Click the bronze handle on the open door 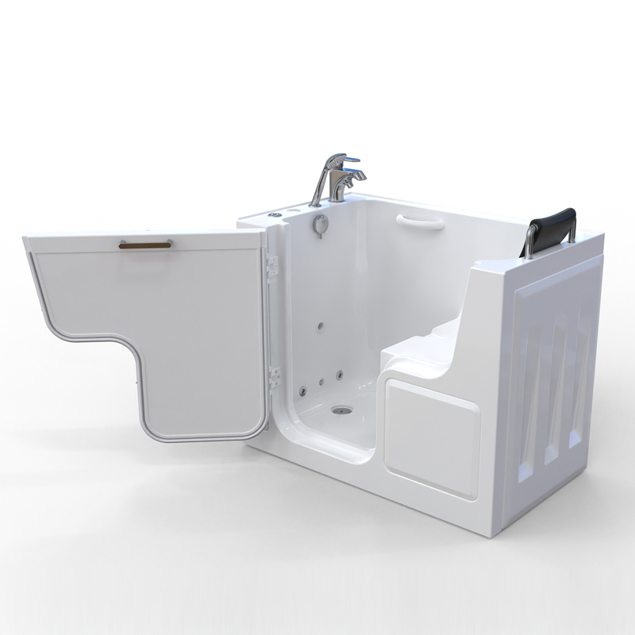pyautogui.click(x=145, y=244)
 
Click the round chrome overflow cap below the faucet pyautogui.click(x=320, y=225)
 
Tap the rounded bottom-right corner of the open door pyautogui.click(x=254, y=429)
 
